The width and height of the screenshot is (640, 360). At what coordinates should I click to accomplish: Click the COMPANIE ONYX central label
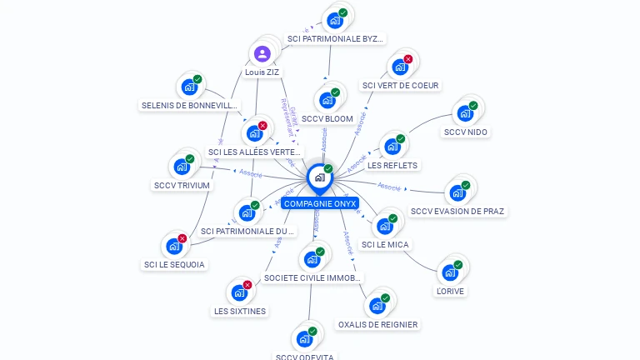click(x=319, y=203)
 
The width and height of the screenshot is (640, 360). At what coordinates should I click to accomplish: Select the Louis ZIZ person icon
click(x=262, y=54)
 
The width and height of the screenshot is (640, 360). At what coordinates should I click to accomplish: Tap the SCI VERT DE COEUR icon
click(x=400, y=67)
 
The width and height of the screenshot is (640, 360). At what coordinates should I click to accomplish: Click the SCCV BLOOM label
click(x=327, y=119)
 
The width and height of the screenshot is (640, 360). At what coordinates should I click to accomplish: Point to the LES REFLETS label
click(x=392, y=165)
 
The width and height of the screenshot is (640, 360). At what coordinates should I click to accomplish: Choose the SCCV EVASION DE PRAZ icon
click(x=457, y=192)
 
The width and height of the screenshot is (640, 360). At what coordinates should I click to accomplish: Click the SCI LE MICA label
click(x=386, y=245)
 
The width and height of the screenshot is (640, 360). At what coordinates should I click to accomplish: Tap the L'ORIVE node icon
click(x=450, y=272)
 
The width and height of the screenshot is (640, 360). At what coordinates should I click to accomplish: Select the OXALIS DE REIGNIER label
click(x=378, y=324)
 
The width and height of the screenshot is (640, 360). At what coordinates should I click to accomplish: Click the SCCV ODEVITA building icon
click(x=304, y=339)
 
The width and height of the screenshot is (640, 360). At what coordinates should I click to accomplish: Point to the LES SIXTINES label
click(x=240, y=312)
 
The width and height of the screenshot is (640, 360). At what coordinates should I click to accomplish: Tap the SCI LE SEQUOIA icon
click(x=174, y=246)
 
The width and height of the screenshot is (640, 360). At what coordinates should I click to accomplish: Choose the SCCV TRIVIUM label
click(x=182, y=186)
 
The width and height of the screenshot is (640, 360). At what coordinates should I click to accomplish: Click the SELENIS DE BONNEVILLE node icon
click(x=189, y=87)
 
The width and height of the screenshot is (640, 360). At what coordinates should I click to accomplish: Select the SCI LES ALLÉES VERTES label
click(x=255, y=152)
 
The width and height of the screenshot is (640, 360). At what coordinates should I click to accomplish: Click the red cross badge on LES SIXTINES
click(x=247, y=285)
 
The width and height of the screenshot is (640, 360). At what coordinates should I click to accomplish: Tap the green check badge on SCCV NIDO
click(x=473, y=106)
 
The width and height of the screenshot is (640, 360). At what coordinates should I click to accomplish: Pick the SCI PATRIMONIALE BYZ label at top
click(x=336, y=39)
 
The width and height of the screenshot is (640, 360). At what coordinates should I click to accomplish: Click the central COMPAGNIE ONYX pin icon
click(x=319, y=177)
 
